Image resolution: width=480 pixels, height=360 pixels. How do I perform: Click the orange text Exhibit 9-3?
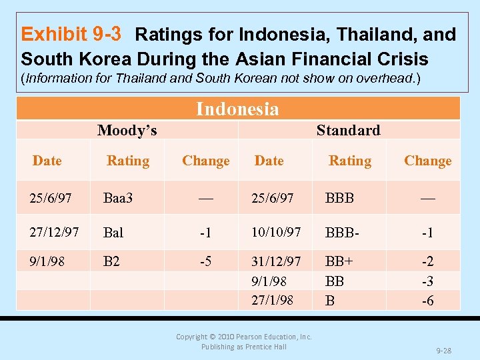[75, 34]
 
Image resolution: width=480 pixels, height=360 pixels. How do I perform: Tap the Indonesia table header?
[237, 109]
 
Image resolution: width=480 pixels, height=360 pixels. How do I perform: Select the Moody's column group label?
[127, 130]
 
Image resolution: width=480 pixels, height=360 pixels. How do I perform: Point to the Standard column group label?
[348, 130]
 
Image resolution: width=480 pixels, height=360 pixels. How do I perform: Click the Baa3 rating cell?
[118, 198]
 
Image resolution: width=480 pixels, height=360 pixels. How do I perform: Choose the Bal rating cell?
[113, 233]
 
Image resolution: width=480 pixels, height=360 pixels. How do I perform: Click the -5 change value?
[205, 261]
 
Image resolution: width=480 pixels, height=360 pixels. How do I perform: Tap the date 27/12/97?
[54, 231]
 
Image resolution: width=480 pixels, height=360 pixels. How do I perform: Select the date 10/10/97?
[275, 231]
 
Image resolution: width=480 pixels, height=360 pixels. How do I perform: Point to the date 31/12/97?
[275, 261]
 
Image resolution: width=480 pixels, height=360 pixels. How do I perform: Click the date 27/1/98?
[272, 300]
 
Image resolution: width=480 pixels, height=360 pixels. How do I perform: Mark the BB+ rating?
[339, 261]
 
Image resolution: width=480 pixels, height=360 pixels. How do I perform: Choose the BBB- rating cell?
[343, 233]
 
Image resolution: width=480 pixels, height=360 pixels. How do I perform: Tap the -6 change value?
[427, 301]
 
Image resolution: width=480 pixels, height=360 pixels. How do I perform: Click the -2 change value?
[427, 261]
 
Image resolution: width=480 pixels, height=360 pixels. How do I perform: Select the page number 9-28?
[444, 349]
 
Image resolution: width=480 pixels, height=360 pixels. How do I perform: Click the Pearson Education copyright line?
[243, 337]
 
